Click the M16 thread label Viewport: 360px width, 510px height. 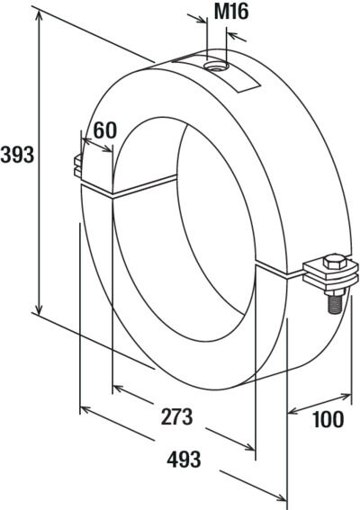[231, 12]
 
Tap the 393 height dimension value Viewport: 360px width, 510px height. [17, 155]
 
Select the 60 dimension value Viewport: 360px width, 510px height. [104, 130]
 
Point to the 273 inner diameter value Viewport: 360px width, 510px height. [176, 417]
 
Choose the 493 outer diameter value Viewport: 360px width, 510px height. [184, 460]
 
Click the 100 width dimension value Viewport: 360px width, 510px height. [328, 419]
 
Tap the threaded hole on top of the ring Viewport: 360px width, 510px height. [216, 67]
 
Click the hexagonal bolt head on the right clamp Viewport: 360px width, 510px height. [335, 262]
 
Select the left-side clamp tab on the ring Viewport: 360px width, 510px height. [78, 166]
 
